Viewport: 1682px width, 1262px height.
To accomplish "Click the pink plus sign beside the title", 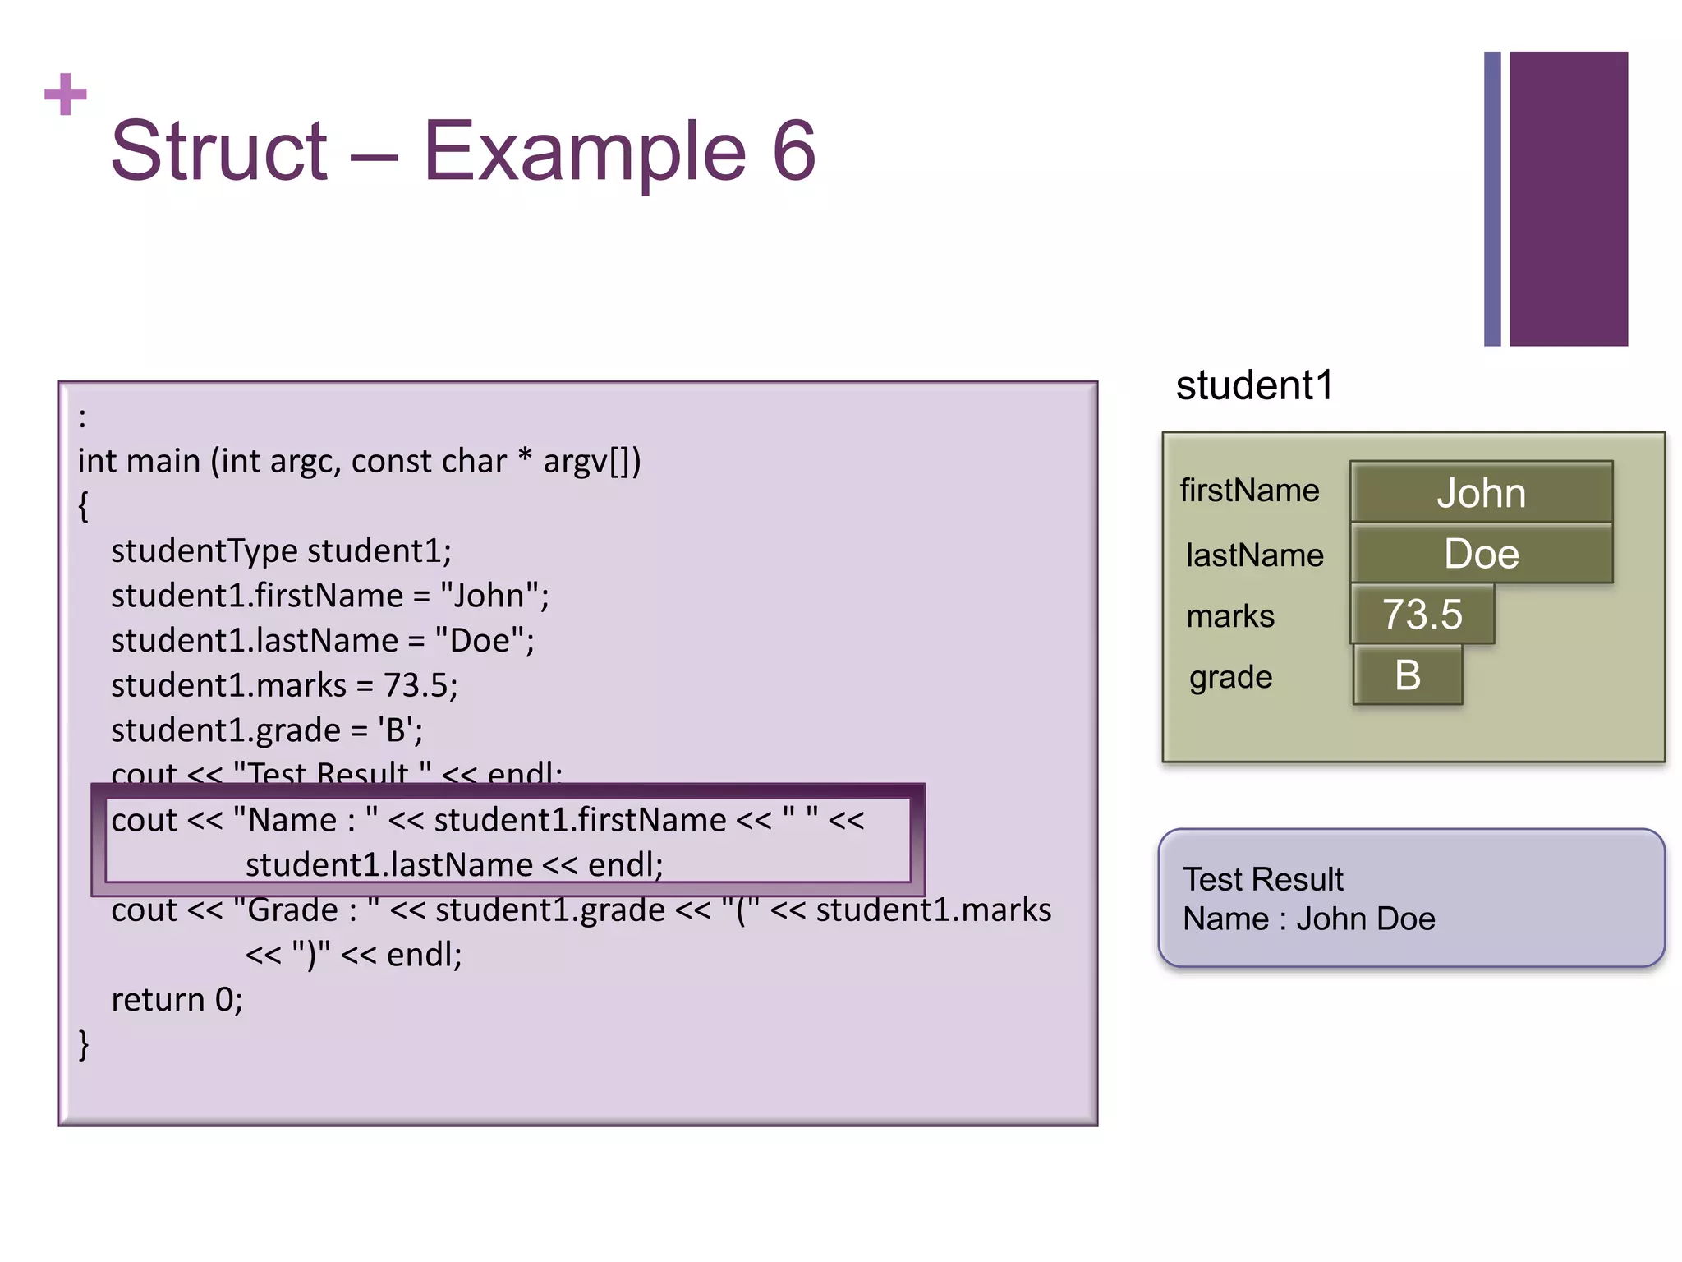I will [x=66, y=94].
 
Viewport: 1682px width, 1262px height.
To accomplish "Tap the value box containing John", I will [x=1481, y=492].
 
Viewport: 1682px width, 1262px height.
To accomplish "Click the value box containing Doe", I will [x=1481, y=554].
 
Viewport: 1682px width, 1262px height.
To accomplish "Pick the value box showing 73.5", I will [x=1422, y=615].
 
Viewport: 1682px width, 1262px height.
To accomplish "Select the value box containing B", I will [x=1408, y=675].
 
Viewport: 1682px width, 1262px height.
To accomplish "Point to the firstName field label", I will [x=1249, y=491].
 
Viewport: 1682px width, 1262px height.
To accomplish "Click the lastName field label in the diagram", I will [x=1254, y=555].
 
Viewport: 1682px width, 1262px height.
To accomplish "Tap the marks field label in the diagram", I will [x=1230, y=616].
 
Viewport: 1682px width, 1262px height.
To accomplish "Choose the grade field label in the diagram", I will [x=1230, y=677].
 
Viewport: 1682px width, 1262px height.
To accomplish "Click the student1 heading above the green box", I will [x=1254, y=385].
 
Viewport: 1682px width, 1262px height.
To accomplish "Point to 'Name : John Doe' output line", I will [x=1308, y=919].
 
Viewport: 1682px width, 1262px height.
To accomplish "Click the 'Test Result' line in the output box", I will [x=1262, y=879].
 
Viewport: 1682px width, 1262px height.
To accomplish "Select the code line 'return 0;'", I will [x=177, y=1000].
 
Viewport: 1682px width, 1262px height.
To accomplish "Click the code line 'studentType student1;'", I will [x=281, y=550].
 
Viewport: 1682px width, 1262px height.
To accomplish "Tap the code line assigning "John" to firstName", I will [x=329, y=596].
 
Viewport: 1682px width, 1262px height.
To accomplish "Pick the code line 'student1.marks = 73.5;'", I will [x=284, y=685].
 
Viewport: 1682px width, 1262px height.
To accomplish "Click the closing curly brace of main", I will [x=84, y=1044].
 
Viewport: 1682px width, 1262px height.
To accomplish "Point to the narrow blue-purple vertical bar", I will [x=1491, y=199].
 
